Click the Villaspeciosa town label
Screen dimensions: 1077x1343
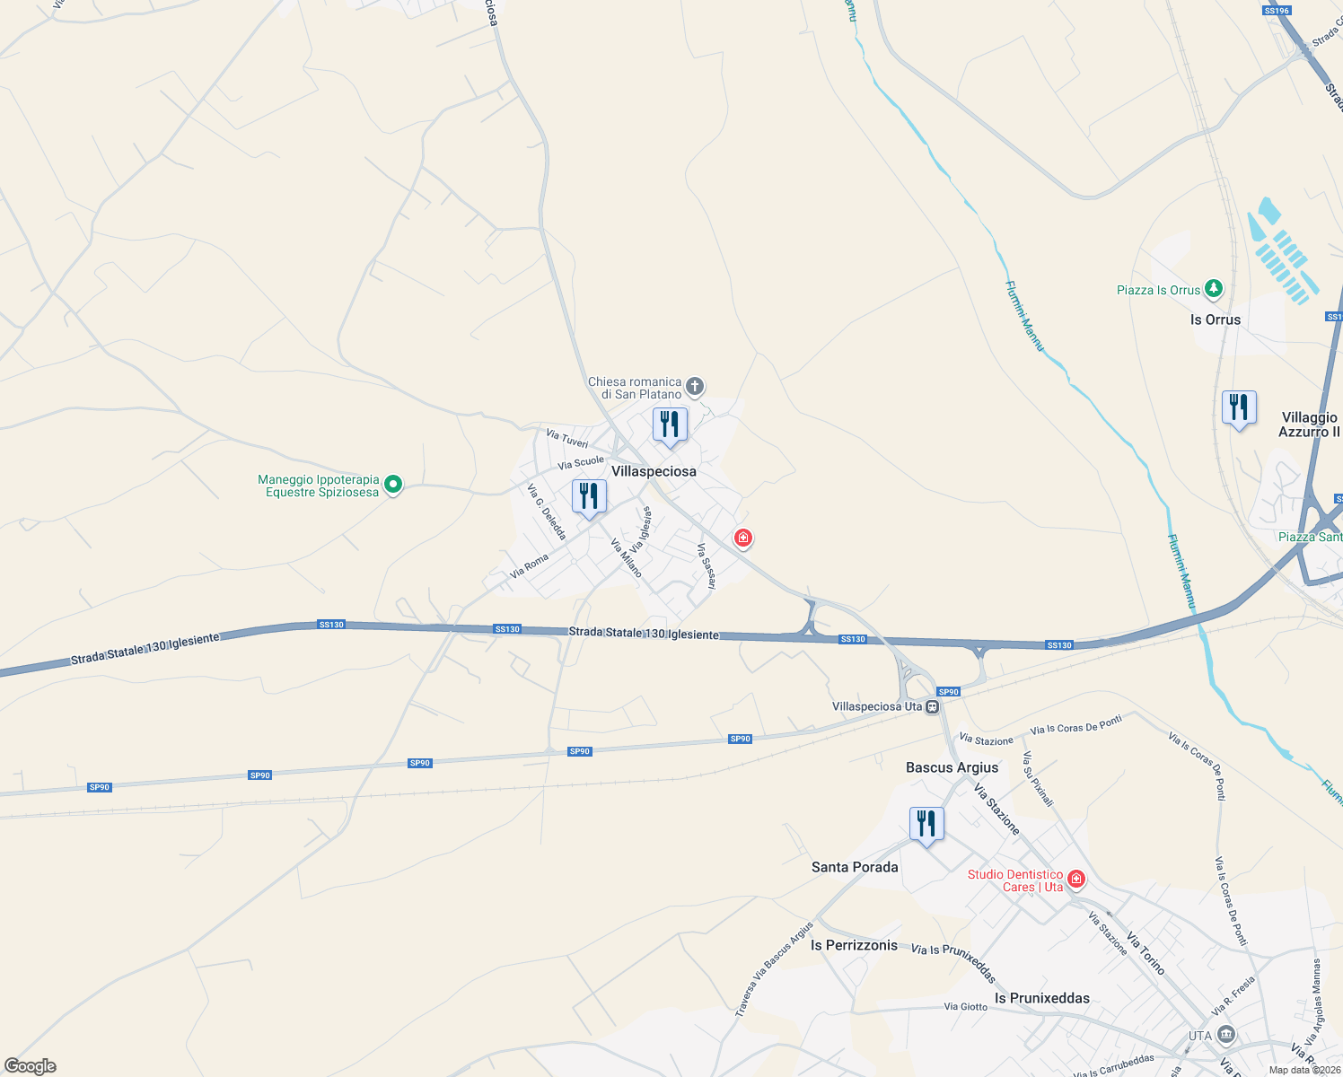coord(654,471)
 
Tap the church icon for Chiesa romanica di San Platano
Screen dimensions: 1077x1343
coord(695,388)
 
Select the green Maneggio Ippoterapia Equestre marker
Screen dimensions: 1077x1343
coord(392,486)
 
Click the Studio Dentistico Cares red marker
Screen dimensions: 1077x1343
coord(1076,880)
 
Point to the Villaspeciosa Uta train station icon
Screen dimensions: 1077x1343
coord(933,707)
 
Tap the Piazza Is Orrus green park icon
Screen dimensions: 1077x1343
coord(1213,289)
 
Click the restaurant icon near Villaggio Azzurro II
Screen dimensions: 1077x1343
coord(1239,408)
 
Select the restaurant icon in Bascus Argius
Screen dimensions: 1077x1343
coord(926,824)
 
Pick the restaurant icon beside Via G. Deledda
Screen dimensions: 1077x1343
coord(589,496)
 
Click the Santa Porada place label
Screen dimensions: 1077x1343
coord(855,867)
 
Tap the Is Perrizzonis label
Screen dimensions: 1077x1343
coord(854,945)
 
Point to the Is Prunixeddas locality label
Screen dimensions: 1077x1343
coord(1041,998)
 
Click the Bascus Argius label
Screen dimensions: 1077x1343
coord(952,767)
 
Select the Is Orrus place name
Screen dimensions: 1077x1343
coord(1216,320)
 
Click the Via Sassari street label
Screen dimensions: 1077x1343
coord(707,566)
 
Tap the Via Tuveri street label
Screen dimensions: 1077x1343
coord(567,438)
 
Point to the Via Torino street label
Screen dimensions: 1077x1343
coord(1145,954)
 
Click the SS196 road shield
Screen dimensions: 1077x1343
coord(1276,11)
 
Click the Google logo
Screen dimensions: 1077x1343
coord(31,1066)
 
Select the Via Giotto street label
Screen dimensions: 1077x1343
coord(965,1007)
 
